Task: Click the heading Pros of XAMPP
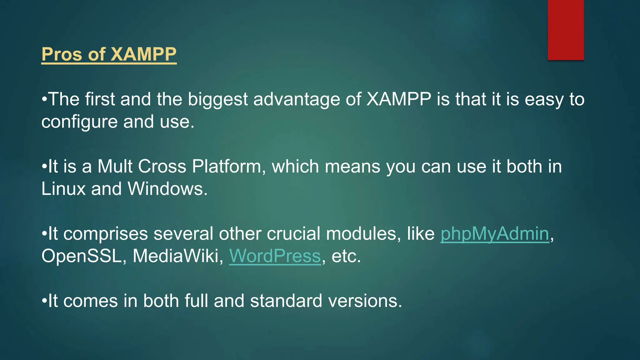[109, 54]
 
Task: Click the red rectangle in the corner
[566, 30]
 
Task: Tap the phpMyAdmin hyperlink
[494, 234]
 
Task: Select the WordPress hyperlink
[275, 256]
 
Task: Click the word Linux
[63, 189]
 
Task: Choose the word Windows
[167, 189]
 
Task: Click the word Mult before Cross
[115, 167]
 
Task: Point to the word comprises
[105, 234]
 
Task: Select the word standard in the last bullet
[286, 301]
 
